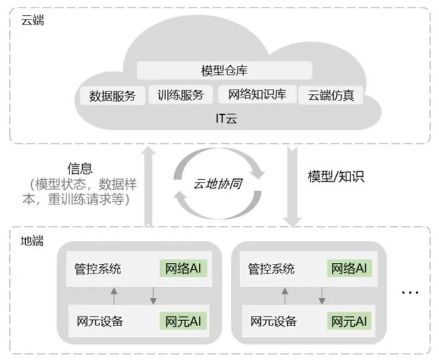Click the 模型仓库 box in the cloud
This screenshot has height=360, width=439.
point(225,70)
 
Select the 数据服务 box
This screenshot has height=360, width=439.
point(112,96)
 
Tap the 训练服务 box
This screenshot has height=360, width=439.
point(181,95)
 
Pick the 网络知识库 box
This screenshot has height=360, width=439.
point(257,94)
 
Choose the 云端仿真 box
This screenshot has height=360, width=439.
point(331,95)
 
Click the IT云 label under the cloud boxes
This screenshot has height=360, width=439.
point(226,119)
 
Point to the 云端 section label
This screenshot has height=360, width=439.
point(33,21)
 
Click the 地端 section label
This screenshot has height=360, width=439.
point(32,241)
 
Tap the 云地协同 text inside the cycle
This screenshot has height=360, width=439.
point(218,184)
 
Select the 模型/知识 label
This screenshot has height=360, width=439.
point(336,177)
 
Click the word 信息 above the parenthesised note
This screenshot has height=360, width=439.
point(80,169)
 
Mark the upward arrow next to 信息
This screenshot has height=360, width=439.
point(149,186)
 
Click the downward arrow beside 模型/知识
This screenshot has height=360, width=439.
point(293,187)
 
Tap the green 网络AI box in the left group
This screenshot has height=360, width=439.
point(183,268)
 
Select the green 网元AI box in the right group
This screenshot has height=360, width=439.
point(349,321)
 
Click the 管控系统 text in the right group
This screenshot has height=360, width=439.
point(272,269)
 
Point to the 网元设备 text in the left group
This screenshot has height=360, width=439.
point(100,321)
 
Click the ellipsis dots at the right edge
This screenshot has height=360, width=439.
point(410,293)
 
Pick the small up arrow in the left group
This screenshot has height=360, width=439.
point(114,296)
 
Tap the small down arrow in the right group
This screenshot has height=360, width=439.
point(322,296)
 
